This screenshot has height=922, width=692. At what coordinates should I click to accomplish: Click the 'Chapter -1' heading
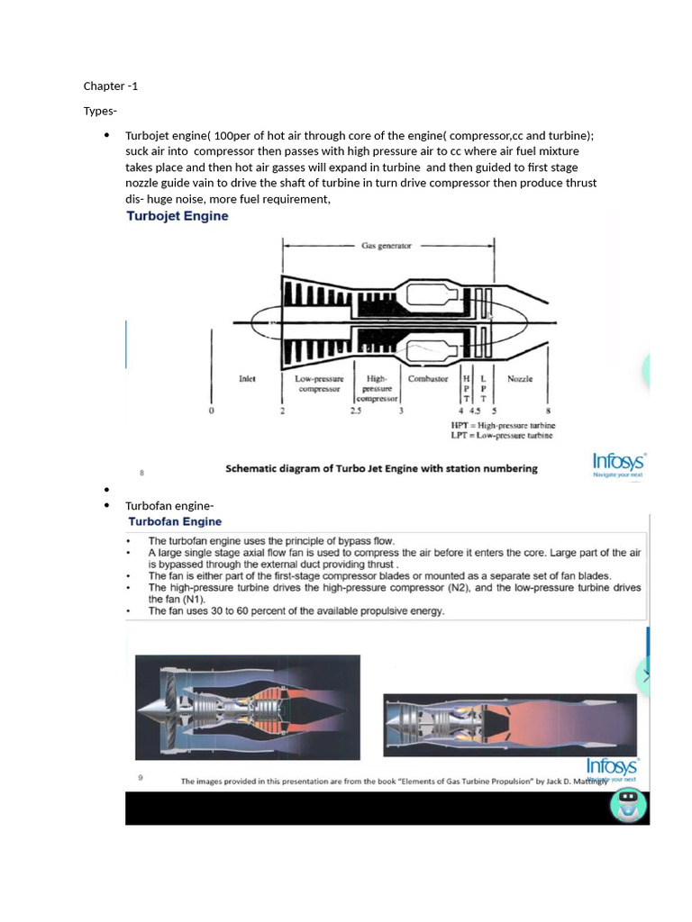111,86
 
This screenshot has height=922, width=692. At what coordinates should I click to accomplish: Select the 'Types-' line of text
100,111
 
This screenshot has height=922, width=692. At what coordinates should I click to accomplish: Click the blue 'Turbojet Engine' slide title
178,216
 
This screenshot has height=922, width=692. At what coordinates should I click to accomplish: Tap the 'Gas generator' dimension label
387,245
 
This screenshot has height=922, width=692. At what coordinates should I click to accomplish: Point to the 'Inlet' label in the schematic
247,379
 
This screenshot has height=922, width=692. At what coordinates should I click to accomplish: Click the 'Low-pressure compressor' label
319,384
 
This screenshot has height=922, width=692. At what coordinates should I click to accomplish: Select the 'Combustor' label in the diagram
428,379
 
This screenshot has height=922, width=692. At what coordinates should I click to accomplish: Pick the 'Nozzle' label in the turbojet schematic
519,379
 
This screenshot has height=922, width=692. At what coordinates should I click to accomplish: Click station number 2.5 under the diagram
355,411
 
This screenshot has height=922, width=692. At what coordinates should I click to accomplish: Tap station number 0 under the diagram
212,411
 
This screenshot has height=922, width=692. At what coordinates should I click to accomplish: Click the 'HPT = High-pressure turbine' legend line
503,425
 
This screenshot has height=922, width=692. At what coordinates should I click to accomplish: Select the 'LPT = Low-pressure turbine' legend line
502,436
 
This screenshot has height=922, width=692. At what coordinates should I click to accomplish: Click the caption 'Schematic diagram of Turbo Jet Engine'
380,468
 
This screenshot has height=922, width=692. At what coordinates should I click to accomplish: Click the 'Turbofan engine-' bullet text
169,505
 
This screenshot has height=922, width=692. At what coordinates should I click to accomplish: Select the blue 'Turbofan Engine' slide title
175,521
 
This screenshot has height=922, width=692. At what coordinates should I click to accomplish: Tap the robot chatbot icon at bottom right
628,803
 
